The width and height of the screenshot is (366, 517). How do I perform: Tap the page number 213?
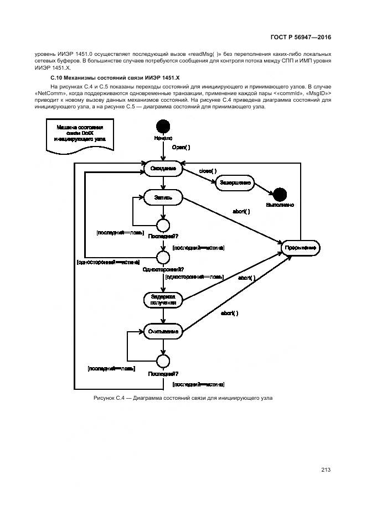(326, 470)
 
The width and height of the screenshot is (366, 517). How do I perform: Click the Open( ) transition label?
(181, 148)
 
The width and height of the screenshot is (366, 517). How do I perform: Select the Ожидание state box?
(163, 169)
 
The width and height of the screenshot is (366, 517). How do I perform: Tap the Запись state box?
(163, 196)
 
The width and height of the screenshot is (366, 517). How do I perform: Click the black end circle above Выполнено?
(280, 194)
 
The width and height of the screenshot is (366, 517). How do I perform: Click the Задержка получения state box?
(163, 300)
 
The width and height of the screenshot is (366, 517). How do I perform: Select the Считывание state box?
(163, 332)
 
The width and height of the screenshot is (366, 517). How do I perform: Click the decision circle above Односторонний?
(163, 257)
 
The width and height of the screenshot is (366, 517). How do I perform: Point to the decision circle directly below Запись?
(163, 225)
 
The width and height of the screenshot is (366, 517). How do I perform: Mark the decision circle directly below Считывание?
(163, 362)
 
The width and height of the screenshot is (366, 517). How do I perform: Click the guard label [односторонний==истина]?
(108, 262)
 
